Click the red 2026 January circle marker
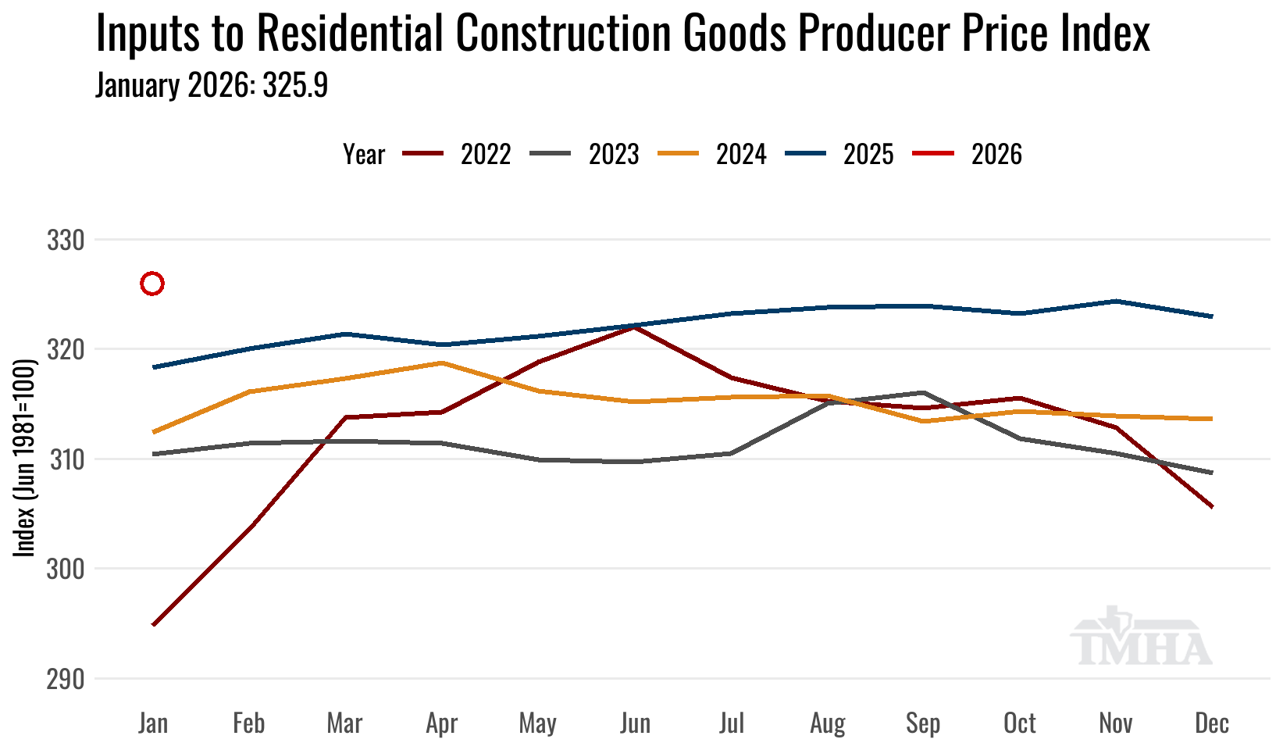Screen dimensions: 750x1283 [x=152, y=284]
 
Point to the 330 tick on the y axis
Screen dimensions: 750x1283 [x=66, y=241]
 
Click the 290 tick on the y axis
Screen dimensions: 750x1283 [x=66, y=679]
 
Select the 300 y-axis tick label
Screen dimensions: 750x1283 [x=66, y=569]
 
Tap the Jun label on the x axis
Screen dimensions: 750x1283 [x=635, y=723]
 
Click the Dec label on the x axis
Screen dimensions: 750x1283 [x=1212, y=723]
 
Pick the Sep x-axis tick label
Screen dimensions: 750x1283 [x=923, y=723]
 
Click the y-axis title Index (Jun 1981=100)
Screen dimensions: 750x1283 [x=26, y=458]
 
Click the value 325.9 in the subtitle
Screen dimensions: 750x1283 [x=295, y=86]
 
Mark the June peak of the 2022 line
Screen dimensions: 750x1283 [x=635, y=327]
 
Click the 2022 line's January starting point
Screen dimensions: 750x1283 [x=154, y=625]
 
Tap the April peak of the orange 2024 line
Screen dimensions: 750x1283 [x=442, y=362]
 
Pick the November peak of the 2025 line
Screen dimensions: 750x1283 [x=1116, y=301]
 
